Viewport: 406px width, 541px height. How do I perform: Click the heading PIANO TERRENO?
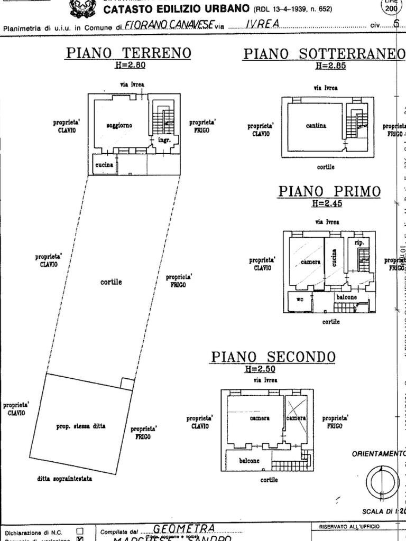pos(128,53)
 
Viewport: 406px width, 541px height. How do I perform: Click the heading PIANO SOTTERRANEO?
pos(320,54)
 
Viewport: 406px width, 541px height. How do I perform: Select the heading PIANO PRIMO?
pos(329,191)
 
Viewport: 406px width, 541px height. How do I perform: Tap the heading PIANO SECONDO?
pos(273,357)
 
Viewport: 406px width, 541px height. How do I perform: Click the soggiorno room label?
pos(119,126)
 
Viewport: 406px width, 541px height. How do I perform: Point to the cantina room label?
pos(316,126)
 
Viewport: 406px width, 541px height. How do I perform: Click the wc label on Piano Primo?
pos(300,299)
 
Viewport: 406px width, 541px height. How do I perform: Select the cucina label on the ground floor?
pos(104,165)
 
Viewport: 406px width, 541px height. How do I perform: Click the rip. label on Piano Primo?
pos(359,243)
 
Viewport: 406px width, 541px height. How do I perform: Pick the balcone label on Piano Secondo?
pos(250,461)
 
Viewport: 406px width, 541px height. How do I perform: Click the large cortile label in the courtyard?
pos(111,282)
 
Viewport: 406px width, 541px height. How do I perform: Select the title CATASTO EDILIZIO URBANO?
pos(176,9)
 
